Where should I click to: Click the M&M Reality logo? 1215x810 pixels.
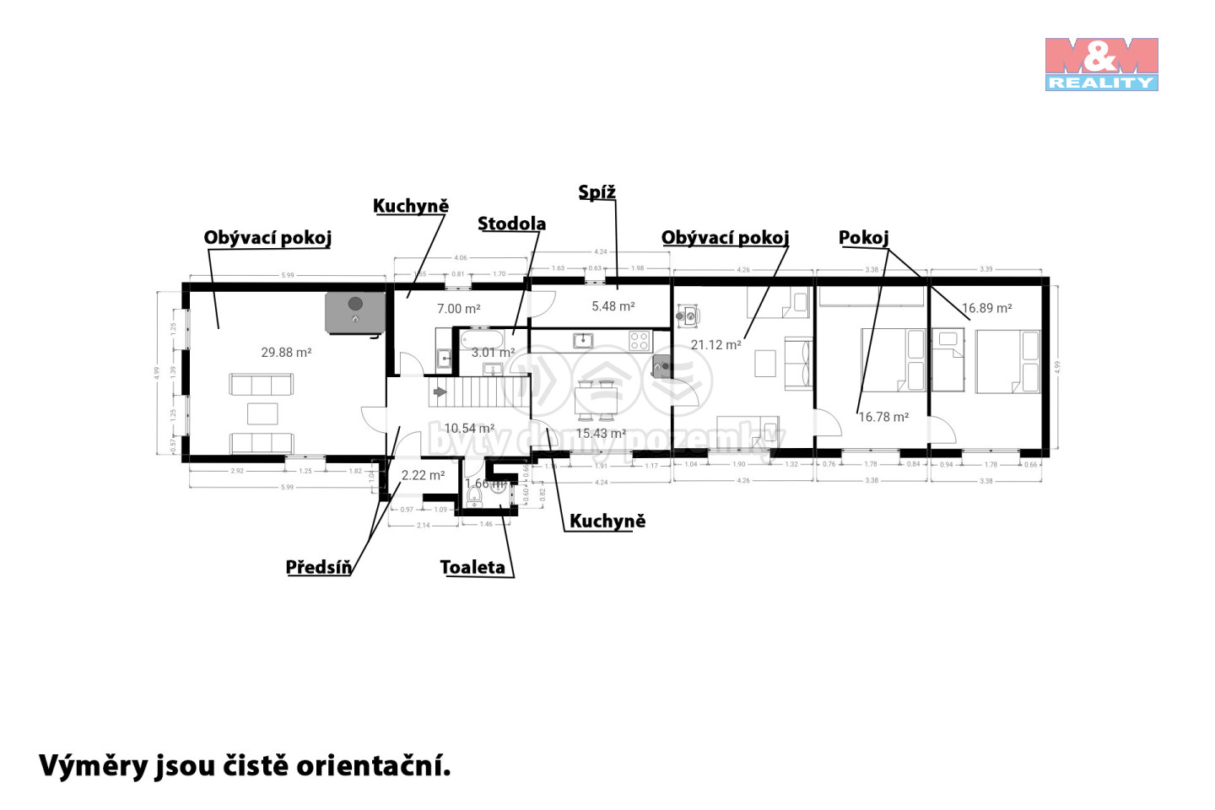coord(1101,64)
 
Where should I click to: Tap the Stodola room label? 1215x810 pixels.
coord(511,224)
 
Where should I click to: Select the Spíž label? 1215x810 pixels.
coord(597,192)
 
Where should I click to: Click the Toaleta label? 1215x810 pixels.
coord(472,567)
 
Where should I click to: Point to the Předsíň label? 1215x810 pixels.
coord(318,567)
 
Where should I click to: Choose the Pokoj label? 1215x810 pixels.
coord(863,238)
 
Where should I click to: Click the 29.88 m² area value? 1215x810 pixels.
coord(286,352)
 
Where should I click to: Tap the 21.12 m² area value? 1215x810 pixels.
coord(715,344)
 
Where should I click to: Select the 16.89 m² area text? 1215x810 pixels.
coord(987,308)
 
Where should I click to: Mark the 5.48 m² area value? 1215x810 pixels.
coord(613,306)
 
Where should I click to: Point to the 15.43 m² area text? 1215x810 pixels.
coord(601,433)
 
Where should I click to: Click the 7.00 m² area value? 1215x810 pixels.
coord(459,309)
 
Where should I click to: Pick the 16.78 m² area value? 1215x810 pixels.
coord(883,417)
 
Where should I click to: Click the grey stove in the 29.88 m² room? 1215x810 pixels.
coord(355,311)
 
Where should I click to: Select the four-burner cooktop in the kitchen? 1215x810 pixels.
coord(640,341)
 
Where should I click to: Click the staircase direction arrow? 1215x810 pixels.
coord(440,392)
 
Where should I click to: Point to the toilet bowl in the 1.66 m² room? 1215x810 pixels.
coord(475,496)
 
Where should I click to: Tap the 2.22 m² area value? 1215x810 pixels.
coord(423,475)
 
